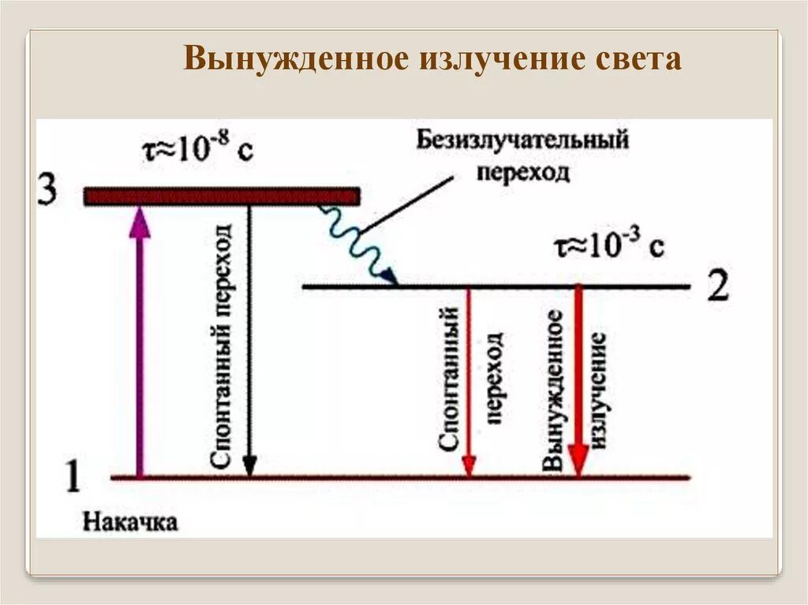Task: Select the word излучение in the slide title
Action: (498, 59)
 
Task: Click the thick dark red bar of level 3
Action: (222, 196)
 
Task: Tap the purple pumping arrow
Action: (140, 339)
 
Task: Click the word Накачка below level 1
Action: (130, 521)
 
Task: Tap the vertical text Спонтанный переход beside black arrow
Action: (223, 347)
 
